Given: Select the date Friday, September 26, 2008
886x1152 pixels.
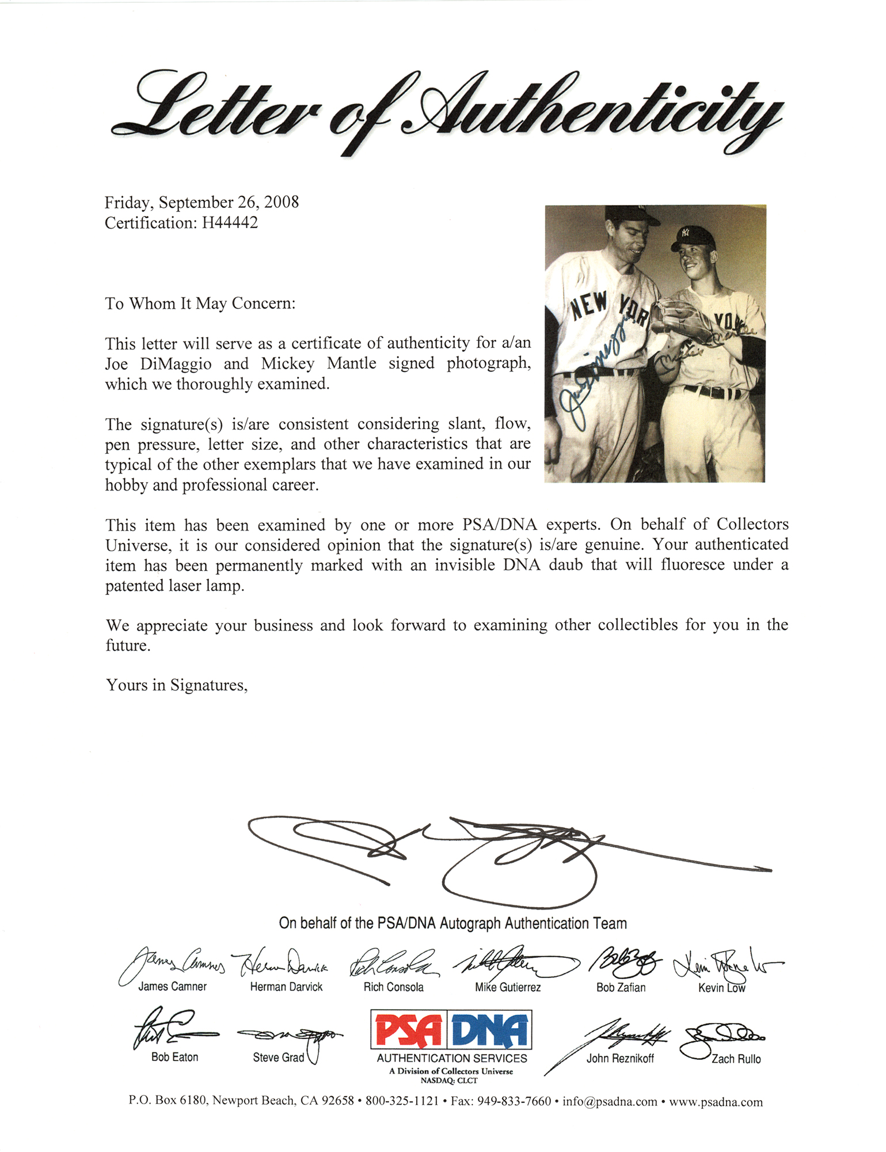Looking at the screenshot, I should (201, 202).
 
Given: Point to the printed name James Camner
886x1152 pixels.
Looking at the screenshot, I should (172, 987).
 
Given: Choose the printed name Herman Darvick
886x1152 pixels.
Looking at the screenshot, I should (286, 987).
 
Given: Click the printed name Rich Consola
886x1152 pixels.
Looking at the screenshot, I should (393, 987).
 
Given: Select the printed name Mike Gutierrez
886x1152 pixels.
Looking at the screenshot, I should (508, 987).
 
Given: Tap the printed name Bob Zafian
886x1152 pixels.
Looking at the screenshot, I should (621, 987).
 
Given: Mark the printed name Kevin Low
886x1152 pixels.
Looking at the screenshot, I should (721, 988).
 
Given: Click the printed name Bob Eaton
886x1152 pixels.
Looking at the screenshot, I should (174, 1057).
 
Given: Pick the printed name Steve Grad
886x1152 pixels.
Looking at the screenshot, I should (278, 1058).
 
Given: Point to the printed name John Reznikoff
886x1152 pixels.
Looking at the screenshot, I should (620, 1058).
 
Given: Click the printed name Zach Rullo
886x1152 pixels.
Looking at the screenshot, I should (736, 1059).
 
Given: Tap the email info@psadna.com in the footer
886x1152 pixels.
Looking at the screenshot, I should (610, 1102).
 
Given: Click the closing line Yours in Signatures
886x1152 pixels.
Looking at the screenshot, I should (176, 685).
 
